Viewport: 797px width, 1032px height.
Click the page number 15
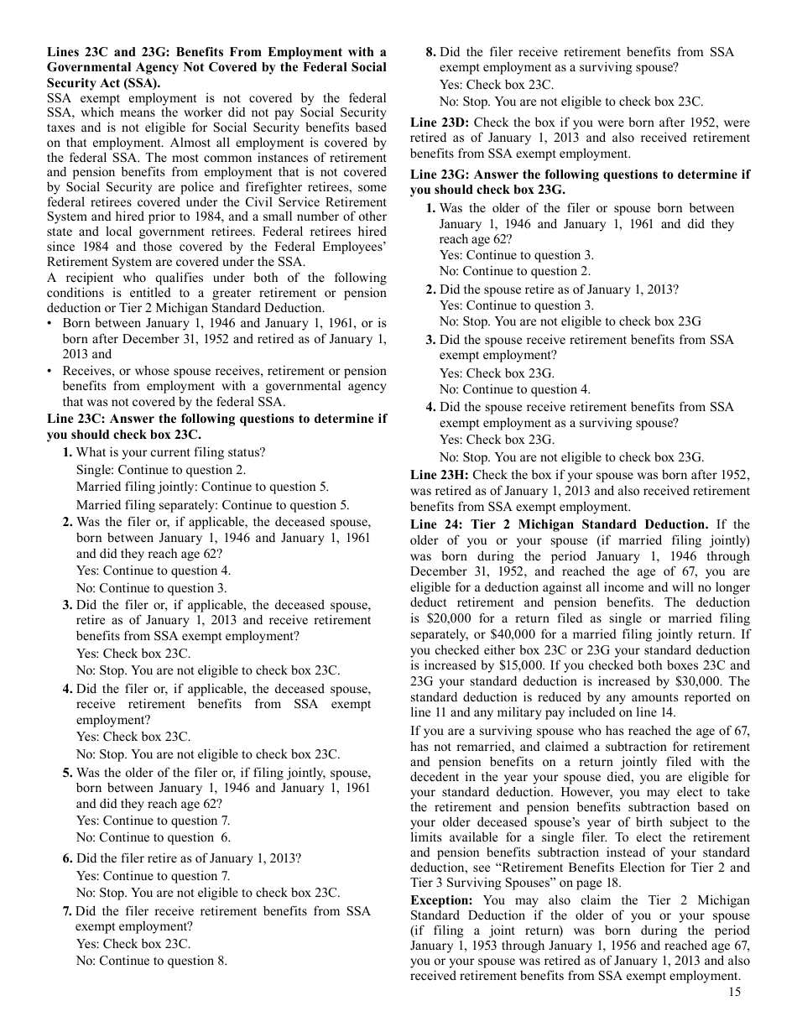735,992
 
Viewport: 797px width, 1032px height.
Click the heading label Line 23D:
440,122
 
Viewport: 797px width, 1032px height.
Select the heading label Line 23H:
440,475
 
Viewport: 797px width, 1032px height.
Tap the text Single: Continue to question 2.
161,470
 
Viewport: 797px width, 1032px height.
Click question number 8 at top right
431,52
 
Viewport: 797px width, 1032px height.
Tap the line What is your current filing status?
170,452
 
